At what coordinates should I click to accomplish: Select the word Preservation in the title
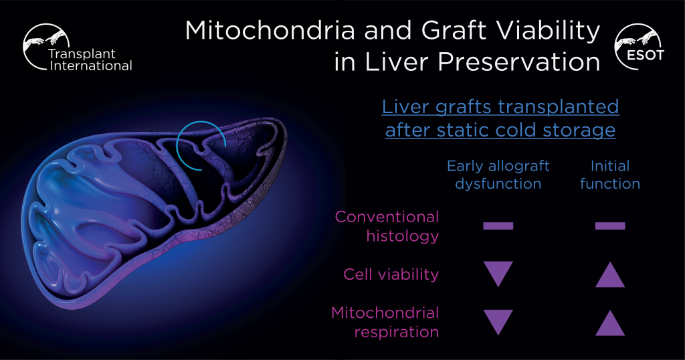[x=518, y=62]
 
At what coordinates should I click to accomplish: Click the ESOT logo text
[x=646, y=56]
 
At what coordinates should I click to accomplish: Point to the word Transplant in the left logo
[x=82, y=54]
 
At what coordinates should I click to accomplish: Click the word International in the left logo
[x=91, y=66]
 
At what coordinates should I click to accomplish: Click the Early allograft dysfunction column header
[x=498, y=175]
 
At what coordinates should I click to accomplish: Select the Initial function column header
[x=610, y=175]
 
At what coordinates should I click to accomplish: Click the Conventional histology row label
[x=387, y=226]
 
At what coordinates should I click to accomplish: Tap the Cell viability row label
[x=391, y=274]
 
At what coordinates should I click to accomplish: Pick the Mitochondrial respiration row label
[x=385, y=323]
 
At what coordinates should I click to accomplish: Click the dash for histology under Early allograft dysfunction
[x=498, y=226]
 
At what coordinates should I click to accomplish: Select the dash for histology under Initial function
[x=610, y=226]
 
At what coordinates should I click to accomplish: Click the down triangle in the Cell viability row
[x=498, y=271]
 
